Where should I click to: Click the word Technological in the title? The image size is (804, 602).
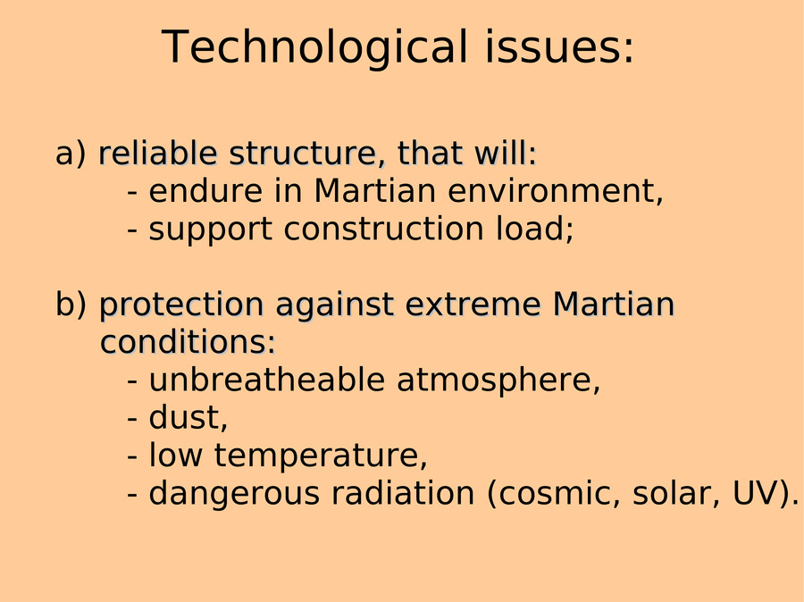(314, 48)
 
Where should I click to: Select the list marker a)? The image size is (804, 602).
(71, 155)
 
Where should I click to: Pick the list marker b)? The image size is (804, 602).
(71, 304)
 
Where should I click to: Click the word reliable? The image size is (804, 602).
(158, 154)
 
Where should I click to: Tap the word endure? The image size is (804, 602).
(206, 191)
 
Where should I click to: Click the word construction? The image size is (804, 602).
(383, 229)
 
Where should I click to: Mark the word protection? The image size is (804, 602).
(181, 305)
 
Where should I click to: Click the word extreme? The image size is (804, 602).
(473, 305)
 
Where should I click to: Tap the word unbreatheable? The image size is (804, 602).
(267, 380)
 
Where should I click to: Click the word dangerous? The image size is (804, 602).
(234, 494)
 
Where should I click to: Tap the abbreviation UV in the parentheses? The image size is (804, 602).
(757, 493)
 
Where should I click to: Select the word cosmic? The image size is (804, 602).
(553, 494)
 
